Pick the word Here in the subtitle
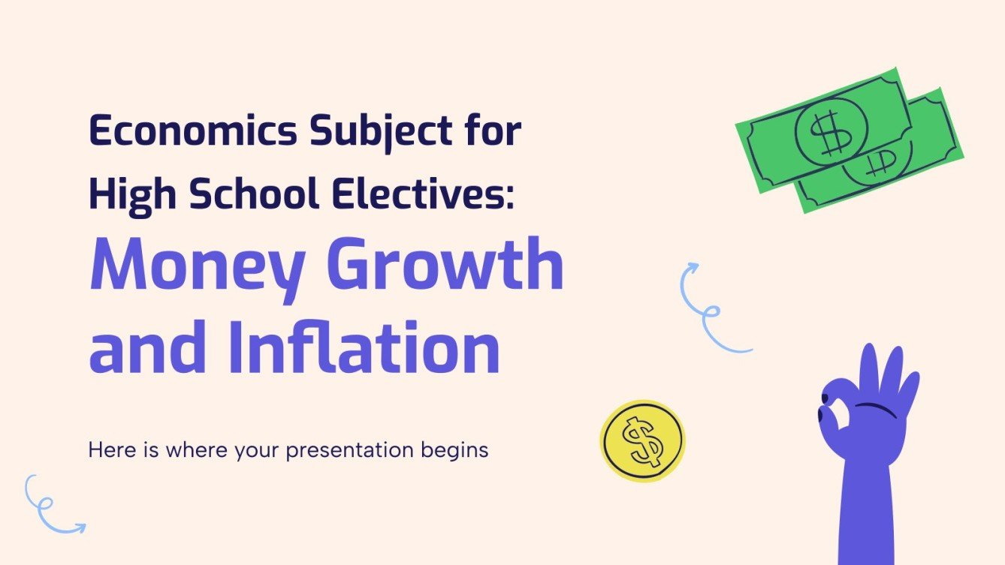[x=107, y=450]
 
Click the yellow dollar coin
[x=642, y=441]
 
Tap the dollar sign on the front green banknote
[x=830, y=133]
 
